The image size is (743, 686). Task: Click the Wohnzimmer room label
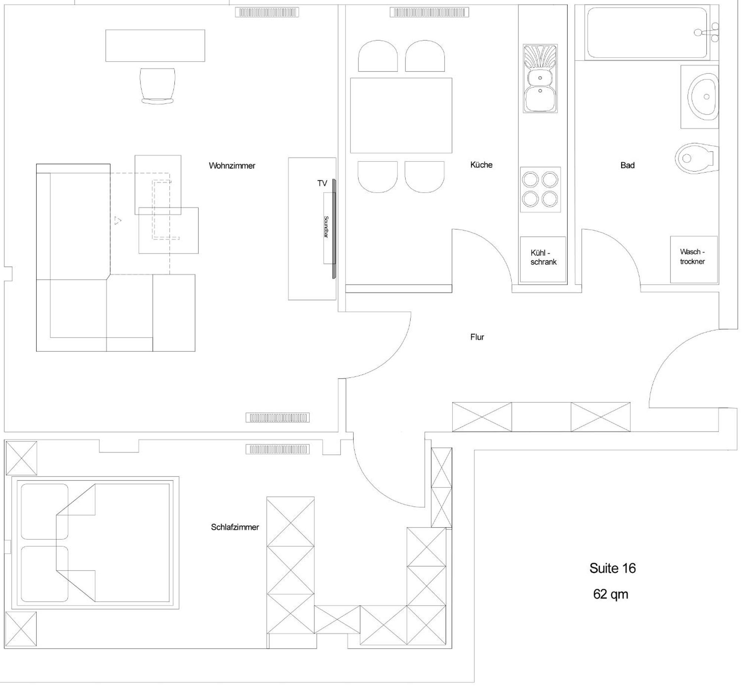pyautogui.click(x=232, y=165)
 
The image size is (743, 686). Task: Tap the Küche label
pyautogui.click(x=481, y=165)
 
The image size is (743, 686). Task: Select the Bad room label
pyautogui.click(x=627, y=165)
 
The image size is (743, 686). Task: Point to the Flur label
pyautogui.click(x=477, y=337)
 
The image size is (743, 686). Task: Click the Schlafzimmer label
pyautogui.click(x=235, y=527)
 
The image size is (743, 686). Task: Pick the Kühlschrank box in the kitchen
pyautogui.click(x=543, y=259)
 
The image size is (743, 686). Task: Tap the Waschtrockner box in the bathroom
pyautogui.click(x=694, y=259)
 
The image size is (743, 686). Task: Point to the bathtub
pyautogui.click(x=647, y=33)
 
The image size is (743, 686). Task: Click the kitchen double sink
pyautogui.click(x=540, y=78)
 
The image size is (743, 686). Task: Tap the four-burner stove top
pyautogui.click(x=540, y=189)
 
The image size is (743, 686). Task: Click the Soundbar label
pyautogui.click(x=326, y=227)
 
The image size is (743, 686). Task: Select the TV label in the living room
pyautogui.click(x=322, y=183)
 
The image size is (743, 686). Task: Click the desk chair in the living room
pyautogui.click(x=157, y=86)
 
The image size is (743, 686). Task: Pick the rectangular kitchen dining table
pyautogui.click(x=401, y=115)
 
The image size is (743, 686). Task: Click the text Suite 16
pyautogui.click(x=613, y=568)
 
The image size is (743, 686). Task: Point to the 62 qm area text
pyautogui.click(x=611, y=594)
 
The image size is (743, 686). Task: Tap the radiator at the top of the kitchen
pyautogui.click(x=429, y=13)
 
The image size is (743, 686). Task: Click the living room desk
pyautogui.click(x=155, y=46)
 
